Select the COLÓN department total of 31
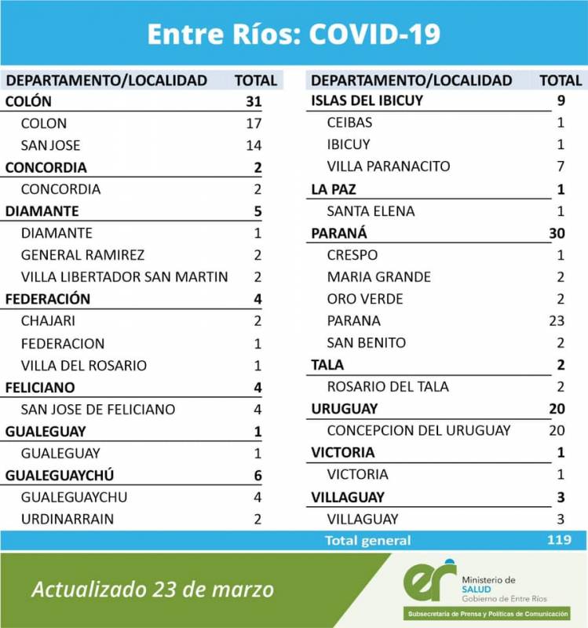coord(252,101)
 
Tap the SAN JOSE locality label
coord(50,145)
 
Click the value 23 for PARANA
coord(558,320)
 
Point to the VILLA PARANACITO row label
coord(389,166)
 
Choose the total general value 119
coord(558,540)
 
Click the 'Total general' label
coord(367,540)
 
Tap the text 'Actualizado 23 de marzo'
coord(153,590)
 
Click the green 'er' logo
coord(429,582)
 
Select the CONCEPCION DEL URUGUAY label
coord(418,430)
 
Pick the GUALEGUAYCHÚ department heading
coord(60,475)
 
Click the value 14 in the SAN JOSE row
coord(253,145)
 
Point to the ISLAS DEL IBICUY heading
coord(367,100)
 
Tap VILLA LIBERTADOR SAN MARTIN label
coord(124,277)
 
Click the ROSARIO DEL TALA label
coord(388,386)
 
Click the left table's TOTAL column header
coord(255,80)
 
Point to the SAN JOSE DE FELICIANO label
coord(98,409)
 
